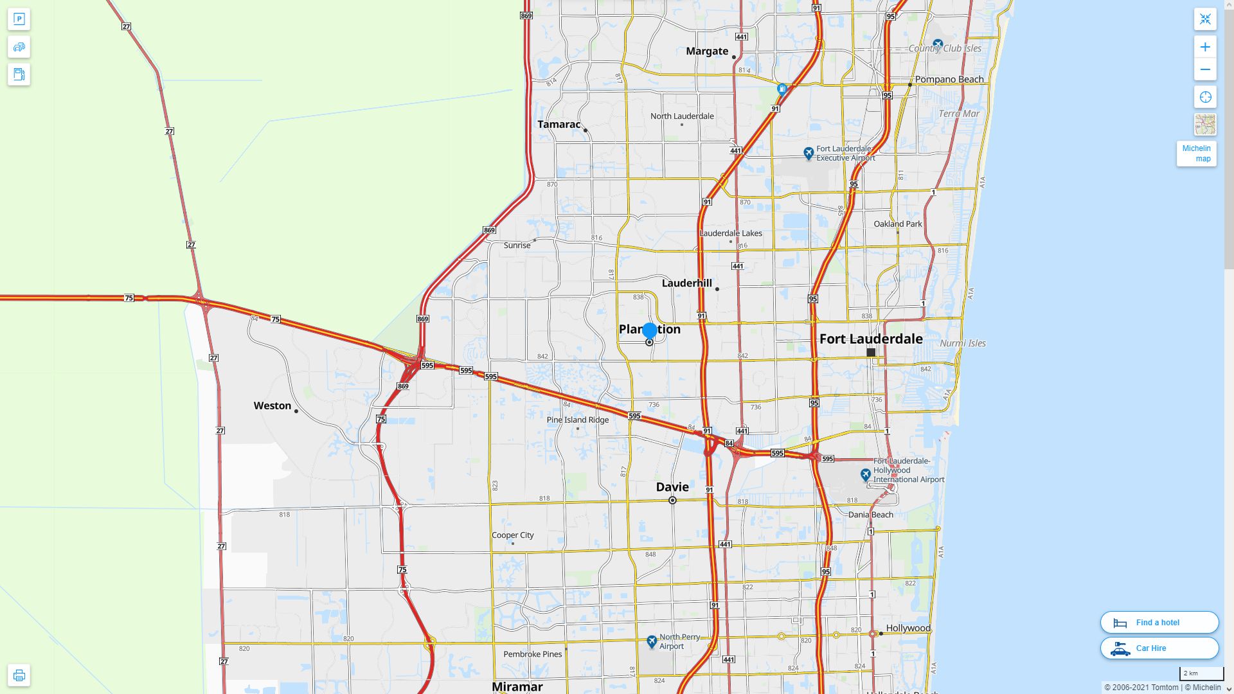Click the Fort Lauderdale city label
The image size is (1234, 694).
coord(871,339)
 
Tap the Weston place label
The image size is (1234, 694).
coord(273,405)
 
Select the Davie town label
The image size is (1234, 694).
coord(672,487)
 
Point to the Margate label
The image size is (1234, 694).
coord(707,51)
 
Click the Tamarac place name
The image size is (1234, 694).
coord(559,125)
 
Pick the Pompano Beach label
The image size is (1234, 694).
coord(949,80)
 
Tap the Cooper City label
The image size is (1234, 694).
coord(513,535)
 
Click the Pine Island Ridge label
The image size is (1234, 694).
coord(578,420)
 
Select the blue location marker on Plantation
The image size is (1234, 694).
coord(650,331)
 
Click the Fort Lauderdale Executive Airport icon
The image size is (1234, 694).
coord(809,153)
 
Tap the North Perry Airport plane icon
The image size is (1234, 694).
coord(652,641)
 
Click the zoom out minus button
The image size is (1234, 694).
coord(1205,69)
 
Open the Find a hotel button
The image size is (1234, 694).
coord(1159,623)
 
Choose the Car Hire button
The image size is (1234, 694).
coord(1159,648)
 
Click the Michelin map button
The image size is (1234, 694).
coord(1196,154)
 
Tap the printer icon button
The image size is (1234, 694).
coord(19,675)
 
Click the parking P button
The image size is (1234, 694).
coord(19,19)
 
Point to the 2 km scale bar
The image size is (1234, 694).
coord(1201,674)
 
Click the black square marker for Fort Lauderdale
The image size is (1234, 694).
coord(871,353)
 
